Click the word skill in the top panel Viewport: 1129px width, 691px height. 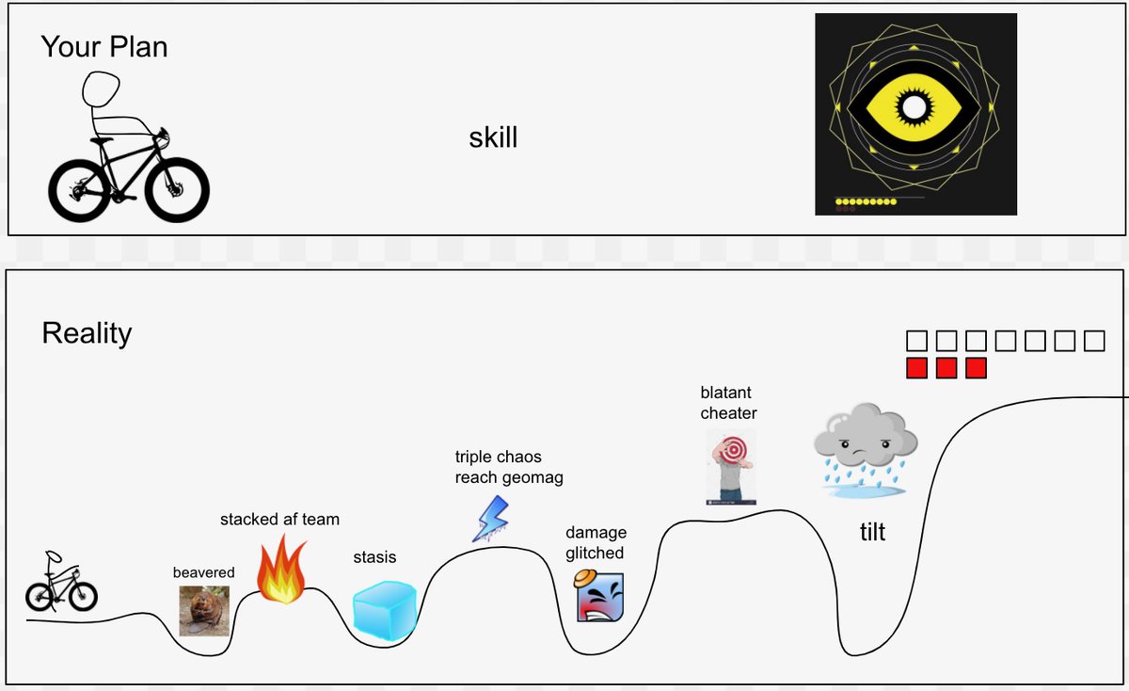493,137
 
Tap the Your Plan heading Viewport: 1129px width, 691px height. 103,47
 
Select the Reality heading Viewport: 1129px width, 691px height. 87,333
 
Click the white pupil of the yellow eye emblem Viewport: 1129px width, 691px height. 914,107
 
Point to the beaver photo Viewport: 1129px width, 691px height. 204,610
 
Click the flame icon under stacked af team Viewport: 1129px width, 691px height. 281,570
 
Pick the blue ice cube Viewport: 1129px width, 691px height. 385,611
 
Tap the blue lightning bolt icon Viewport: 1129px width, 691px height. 490,519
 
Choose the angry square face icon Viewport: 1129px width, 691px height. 599,596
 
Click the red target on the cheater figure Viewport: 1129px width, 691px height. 734,449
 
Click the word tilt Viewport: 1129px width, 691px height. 872,532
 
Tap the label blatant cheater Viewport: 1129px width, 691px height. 728,403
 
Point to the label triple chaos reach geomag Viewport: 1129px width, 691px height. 509,467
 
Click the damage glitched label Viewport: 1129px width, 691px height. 596,542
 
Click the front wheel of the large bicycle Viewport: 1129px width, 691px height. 177,190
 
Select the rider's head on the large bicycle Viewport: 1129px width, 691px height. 101,88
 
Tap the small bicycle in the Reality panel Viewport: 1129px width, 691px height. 61,582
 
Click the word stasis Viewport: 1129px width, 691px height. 374,557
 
